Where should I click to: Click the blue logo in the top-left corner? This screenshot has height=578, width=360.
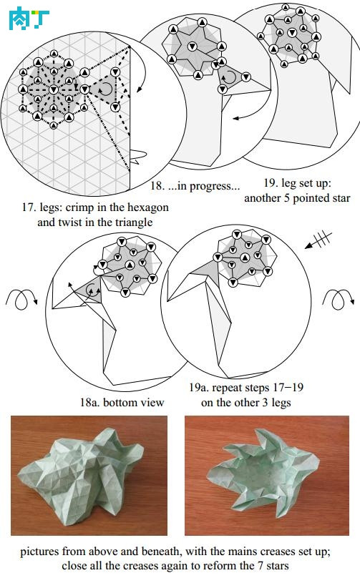point(29,19)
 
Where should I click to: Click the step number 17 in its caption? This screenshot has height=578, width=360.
point(28,207)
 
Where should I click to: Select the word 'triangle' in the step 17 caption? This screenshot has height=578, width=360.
point(134,223)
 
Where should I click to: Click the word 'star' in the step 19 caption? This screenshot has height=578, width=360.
point(340,198)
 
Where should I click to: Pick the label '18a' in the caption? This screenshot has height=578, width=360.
point(89,402)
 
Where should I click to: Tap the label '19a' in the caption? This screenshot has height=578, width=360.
point(199,388)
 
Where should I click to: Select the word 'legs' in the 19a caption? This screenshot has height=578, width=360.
point(281,403)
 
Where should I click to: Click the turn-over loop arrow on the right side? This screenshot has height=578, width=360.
point(339,298)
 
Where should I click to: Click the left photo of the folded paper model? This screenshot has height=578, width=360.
point(89,476)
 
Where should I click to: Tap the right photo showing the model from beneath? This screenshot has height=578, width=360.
point(267,476)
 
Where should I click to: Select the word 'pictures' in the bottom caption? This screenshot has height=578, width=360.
point(40,552)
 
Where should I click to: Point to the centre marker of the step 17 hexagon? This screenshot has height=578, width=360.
point(54,89)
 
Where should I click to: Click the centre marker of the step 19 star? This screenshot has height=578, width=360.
point(292,32)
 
